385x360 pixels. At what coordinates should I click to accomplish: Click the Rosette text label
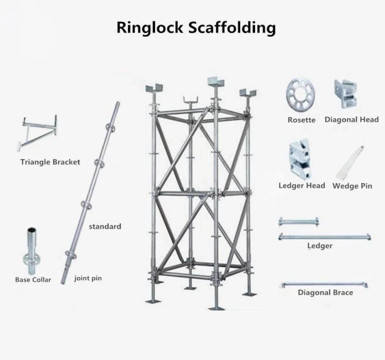pos(302,120)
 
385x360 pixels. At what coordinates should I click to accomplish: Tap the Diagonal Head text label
pos(351,120)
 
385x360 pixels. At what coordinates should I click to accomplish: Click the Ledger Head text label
pos(302,186)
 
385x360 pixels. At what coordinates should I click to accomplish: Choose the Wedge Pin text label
pos(352,186)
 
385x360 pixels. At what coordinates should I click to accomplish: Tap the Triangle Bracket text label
pos(50,162)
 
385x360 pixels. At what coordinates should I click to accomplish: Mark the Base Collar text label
pos(33,280)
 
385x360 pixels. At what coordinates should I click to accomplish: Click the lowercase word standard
pos(105,226)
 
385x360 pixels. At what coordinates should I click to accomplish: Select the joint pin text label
pos(88,278)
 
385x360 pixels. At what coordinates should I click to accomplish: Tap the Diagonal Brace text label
pos(325,292)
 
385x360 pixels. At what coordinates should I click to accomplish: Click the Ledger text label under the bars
pos(320,246)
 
